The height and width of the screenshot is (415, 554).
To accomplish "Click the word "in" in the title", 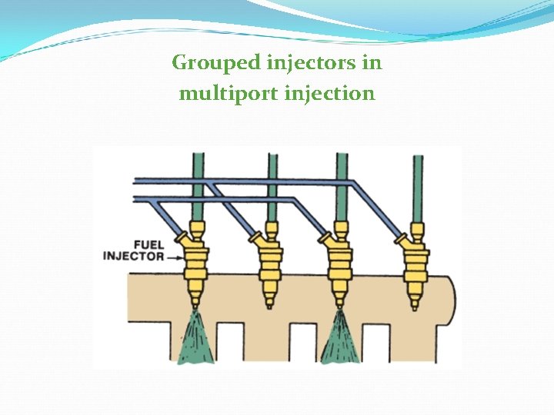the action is (x=372, y=61).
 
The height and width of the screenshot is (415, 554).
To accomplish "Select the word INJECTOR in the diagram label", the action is (x=133, y=255).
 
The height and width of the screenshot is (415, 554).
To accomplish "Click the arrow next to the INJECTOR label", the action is (x=176, y=256).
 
